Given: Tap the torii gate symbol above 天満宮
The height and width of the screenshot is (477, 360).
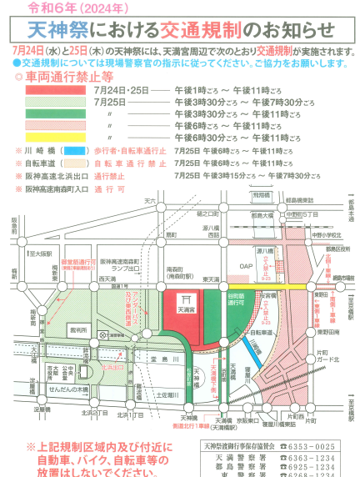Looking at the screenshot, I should (x=185, y=297).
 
